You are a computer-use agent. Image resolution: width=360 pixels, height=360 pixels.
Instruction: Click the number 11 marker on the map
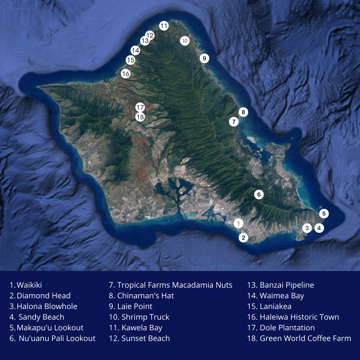(x=164, y=26)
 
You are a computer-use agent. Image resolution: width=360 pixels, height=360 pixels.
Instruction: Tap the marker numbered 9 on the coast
(x=204, y=58)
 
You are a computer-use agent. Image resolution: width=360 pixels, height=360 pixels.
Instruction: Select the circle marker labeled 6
(x=259, y=194)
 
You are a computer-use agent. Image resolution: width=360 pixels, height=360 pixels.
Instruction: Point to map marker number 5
(x=324, y=213)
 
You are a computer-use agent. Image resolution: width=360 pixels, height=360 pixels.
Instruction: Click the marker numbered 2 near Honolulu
(x=243, y=238)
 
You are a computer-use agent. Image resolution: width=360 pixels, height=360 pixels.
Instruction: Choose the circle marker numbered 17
(x=140, y=107)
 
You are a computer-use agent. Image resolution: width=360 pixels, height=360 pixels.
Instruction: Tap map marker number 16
(x=126, y=74)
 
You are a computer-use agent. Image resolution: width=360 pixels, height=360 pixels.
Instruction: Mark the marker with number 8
(x=243, y=112)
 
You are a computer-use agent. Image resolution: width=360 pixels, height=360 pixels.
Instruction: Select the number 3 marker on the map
(x=307, y=228)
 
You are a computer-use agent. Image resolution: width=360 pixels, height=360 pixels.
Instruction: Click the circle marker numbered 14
(x=135, y=51)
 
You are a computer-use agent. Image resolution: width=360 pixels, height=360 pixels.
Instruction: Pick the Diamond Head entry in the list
(x=40, y=296)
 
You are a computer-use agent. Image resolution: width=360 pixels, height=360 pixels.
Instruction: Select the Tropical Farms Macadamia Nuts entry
(x=171, y=285)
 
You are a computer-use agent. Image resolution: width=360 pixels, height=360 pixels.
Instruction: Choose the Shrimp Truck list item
(x=139, y=317)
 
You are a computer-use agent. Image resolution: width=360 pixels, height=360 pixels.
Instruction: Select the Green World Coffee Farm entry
(x=299, y=338)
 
